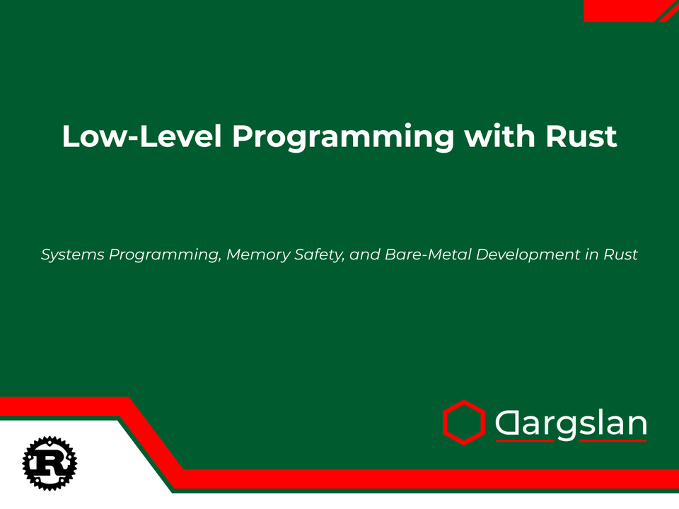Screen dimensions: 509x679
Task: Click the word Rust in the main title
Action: point(581,136)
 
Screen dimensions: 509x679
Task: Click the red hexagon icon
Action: point(463,422)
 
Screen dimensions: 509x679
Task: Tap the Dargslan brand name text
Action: point(571,423)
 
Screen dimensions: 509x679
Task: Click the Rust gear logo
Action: point(50,463)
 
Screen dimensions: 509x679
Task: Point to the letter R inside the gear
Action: point(50,463)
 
